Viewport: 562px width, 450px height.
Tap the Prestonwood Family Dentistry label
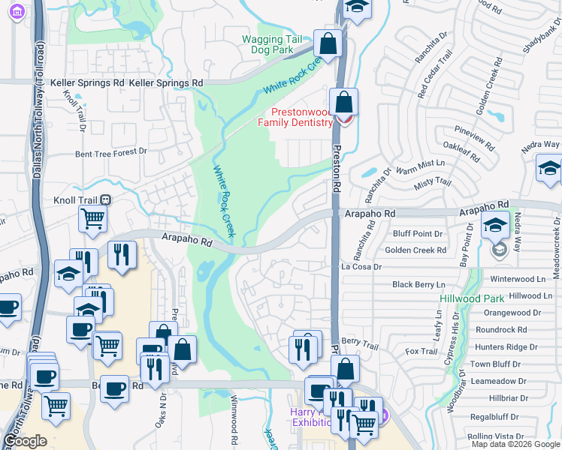tap(295, 117)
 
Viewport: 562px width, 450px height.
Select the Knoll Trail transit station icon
tap(106, 200)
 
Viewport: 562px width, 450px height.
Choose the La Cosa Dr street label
tap(361, 266)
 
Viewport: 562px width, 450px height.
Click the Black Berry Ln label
tap(418, 285)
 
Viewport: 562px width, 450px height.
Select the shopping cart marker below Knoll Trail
tap(92, 219)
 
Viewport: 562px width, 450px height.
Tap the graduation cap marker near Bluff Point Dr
tap(496, 225)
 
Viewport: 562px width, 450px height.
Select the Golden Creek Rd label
tap(415, 250)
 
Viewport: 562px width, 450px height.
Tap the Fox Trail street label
tap(421, 351)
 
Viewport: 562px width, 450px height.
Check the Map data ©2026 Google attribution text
tap(515, 444)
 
